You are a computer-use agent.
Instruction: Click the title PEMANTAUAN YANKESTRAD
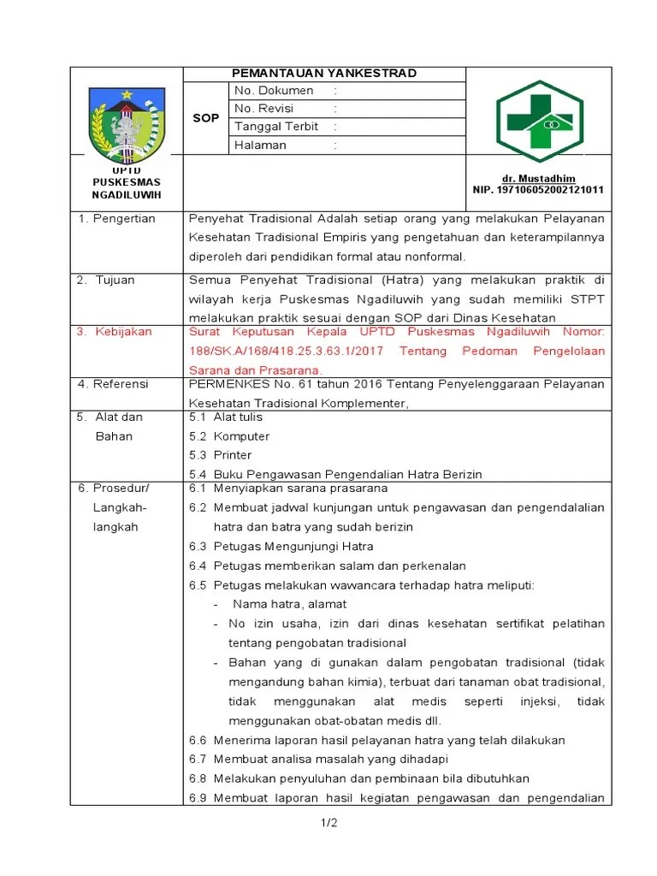[x=324, y=74]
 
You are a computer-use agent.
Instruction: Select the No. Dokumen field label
[x=274, y=91]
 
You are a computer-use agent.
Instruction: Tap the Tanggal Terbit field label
[x=276, y=127]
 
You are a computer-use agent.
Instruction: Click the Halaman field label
[x=260, y=145]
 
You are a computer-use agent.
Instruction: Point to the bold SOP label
[x=205, y=118]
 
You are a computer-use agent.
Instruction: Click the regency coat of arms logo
[x=127, y=125]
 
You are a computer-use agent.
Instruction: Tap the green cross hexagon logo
[x=539, y=121]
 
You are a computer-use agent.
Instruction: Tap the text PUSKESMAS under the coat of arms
[x=127, y=182]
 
